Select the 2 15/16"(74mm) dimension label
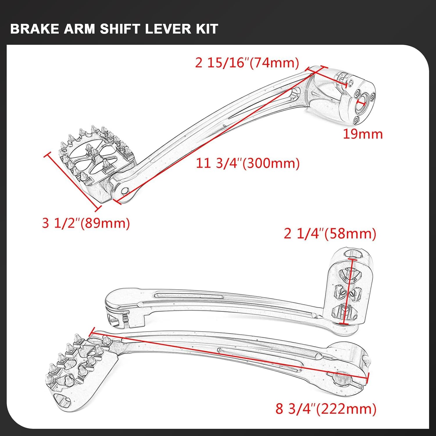pyautogui.click(x=247, y=63)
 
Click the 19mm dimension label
pyautogui.click(x=363, y=134)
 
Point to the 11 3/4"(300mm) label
pyautogui.click(x=248, y=163)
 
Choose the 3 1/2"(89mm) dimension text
pyautogui.click(x=86, y=223)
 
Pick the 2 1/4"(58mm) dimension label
pyautogui.click(x=330, y=234)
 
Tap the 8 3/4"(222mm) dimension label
pyautogui.click(x=326, y=409)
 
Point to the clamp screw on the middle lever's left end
pyautogui.click(x=126, y=318)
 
